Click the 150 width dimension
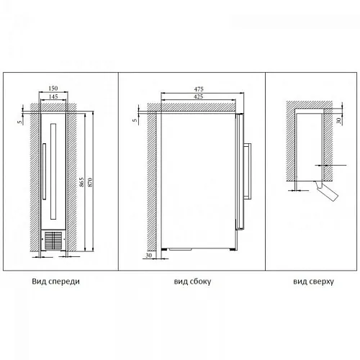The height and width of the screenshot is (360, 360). pyautogui.click(x=53, y=88)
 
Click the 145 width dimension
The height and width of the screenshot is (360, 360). pyautogui.click(x=53, y=96)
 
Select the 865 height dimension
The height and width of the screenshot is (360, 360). pyautogui.click(x=81, y=182)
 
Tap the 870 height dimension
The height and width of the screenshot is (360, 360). pyautogui.click(x=90, y=182)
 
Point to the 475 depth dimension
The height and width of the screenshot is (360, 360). pyautogui.click(x=199, y=89)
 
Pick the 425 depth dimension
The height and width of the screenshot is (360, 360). pyautogui.click(x=199, y=96)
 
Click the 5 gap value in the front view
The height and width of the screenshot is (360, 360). pyautogui.click(x=20, y=122)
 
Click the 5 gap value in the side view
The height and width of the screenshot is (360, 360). pyautogui.click(x=135, y=120)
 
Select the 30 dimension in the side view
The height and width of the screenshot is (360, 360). pyautogui.click(x=149, y=256)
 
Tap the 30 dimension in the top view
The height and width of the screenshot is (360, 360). pyautogui.click(x=338, y=120)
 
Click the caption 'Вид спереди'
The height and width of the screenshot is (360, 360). pyautogui.click(x=55, y=282)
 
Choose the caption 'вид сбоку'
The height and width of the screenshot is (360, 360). pyautogui.click(x=192, y=282)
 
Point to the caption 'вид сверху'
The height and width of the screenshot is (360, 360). pyautogui.click(x=313, y=282)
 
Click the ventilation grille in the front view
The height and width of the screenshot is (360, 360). pyautogui.click(x=53, y=240)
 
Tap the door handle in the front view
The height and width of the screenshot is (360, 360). pyautogui.click(x=44, y=171)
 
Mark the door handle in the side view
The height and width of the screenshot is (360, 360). pyautogui.click(x=248, y=171)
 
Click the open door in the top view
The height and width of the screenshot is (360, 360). pyautogui.click(x=326, y=191)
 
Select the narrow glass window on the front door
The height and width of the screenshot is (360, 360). pyautogui.click(x=53, y=171)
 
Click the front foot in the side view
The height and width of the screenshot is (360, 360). pyautogui.click(x=232, y=250)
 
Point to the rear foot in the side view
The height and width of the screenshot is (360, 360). pyautogui.click(x=164, y=250)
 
